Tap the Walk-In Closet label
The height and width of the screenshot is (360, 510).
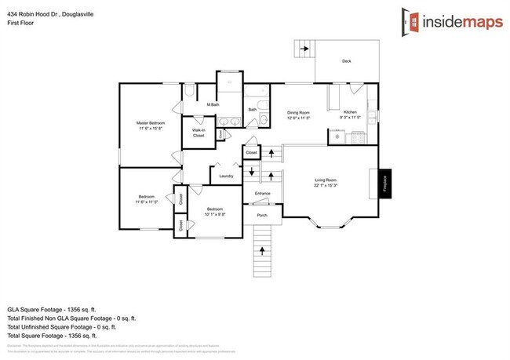pos(199,133)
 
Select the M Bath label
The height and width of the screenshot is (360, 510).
pos(212,104)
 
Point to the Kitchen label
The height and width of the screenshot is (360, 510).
pos(350,112)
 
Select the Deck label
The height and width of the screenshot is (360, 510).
pos(346,61)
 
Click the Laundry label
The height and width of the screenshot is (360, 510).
pos(226,176)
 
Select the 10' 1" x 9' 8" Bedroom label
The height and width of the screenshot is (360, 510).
pos(215,210)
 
